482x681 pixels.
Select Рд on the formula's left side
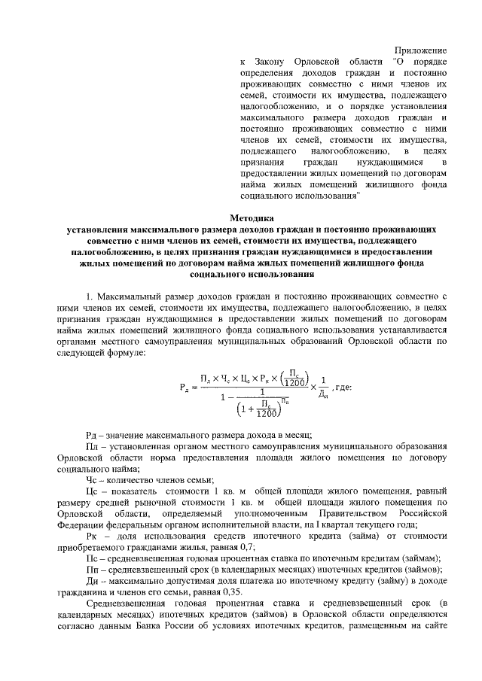click(185, 388)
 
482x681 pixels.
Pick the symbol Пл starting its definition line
click(93, 448)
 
